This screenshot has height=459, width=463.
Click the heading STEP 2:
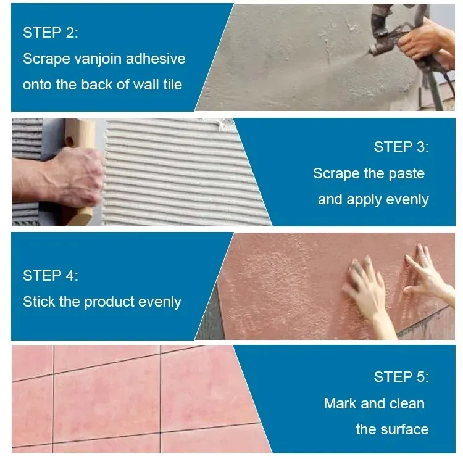[51, 33]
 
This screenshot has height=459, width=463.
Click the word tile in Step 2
[171, 85]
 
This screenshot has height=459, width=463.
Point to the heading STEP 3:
[401, 147]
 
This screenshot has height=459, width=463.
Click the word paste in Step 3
[407, 173]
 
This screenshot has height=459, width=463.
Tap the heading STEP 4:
[51, 276]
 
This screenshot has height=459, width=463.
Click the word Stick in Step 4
[38, 302]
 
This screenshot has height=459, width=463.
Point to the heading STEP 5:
[401, 377]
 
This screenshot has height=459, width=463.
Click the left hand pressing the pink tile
[365, 290]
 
